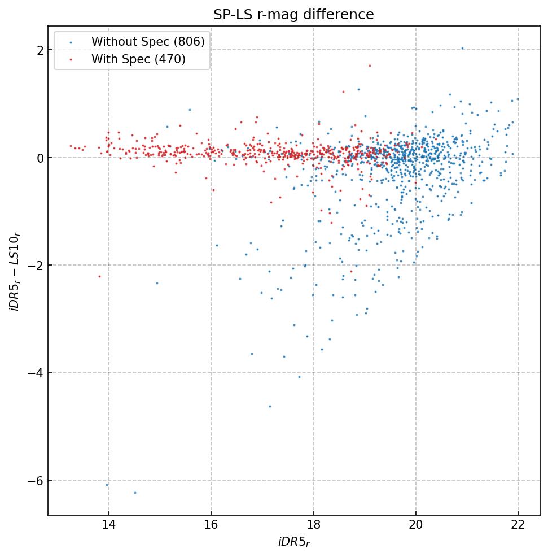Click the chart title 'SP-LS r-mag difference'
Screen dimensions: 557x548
[x=293, y=15]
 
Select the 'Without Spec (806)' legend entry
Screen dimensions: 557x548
[x=148, y=41]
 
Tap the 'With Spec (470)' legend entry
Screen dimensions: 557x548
[x=138, y=59]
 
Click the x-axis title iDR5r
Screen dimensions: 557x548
[x=293, y=542]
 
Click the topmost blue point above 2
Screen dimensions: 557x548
[x=462, y=49]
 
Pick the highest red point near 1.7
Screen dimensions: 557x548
[x=370, y=66]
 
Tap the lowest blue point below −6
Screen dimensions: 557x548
[x=135, y=493]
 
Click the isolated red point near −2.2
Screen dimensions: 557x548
[x=99, y=276]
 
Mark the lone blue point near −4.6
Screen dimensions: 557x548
[x=270, y=406]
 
